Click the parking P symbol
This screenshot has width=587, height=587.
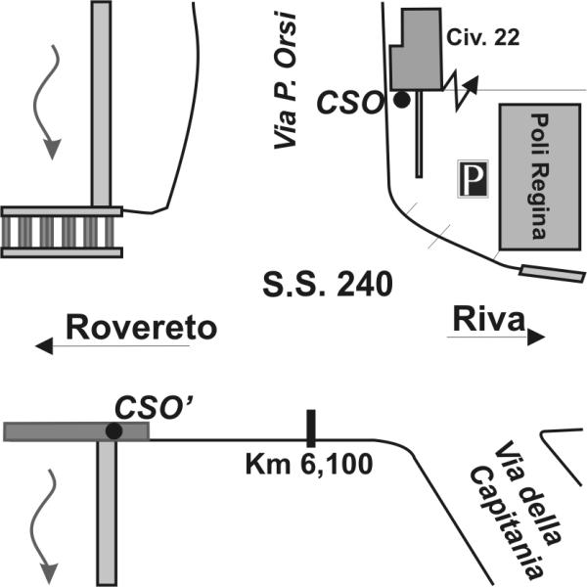[474, 179]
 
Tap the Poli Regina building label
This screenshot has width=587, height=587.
[539, 176]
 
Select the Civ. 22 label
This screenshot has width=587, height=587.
[483, 37]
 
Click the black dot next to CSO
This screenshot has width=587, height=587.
[402, 100]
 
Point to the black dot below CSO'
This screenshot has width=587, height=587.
[113, 430]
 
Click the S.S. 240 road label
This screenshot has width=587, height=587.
[328, 285]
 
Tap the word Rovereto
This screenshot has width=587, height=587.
[141, 328]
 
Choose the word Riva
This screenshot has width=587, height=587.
[488, 319]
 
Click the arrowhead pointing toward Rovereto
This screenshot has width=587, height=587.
[44, 345]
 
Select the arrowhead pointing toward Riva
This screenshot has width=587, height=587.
[536, 337]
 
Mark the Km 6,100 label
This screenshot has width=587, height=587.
[309, 465]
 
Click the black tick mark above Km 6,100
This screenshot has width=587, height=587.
[311, 429]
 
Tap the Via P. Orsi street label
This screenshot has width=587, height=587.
[286, 80]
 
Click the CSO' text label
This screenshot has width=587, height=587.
[154, 408]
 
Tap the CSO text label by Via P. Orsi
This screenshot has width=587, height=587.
[350, 103]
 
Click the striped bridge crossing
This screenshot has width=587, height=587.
[62, 232]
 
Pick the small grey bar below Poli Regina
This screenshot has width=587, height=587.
[552, 274]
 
